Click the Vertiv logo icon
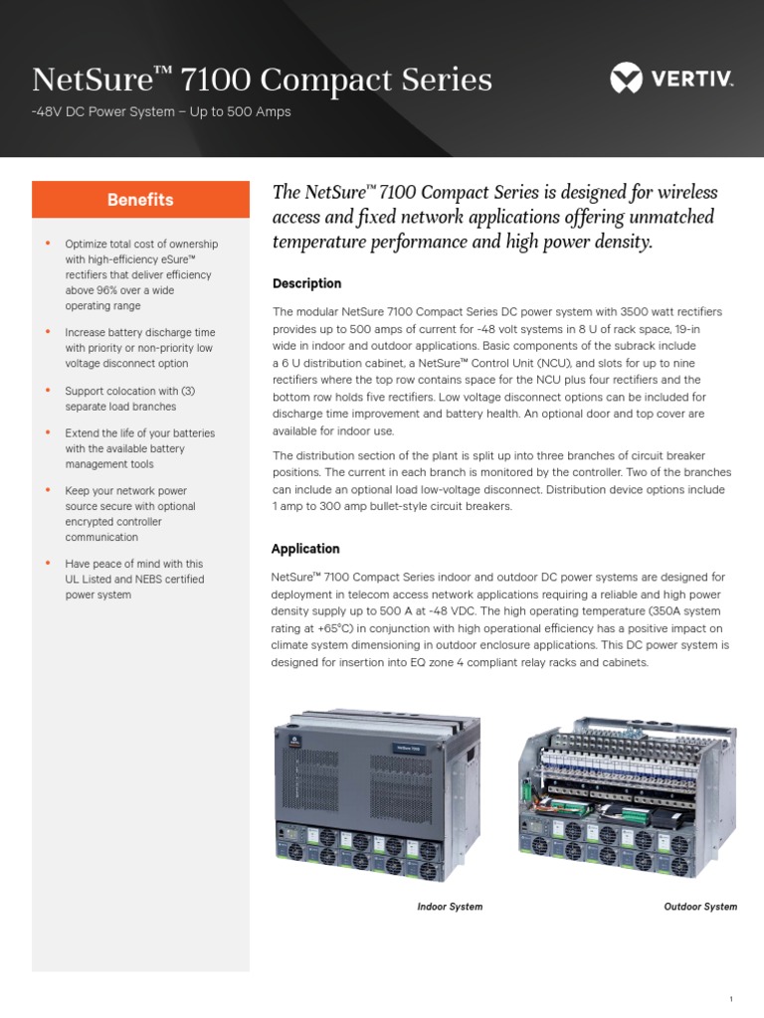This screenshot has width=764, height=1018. [628, 79]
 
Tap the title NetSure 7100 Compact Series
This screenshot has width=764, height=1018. [262, 80]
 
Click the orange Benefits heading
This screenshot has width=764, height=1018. [140, 200]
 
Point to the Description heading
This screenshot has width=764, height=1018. [306, 283]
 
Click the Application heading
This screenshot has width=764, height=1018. [305, 549]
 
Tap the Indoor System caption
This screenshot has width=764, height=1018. [450, 907]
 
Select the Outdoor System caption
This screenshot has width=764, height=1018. [700, 907]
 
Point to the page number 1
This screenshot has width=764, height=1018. [731, 970]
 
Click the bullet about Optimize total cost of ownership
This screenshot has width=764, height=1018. [140, 275]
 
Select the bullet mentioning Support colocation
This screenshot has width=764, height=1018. [134, 399]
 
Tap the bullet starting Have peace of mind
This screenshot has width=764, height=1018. [134, 579]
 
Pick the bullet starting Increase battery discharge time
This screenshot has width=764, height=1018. [139, 348]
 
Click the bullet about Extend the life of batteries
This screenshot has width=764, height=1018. [139, 448]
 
